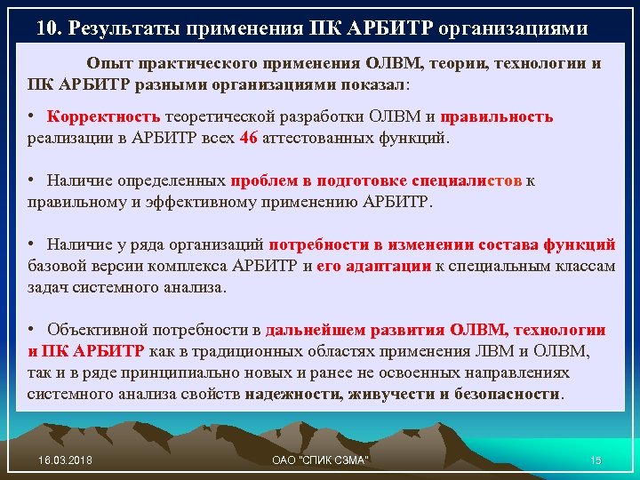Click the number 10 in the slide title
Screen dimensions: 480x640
tap(47, 28)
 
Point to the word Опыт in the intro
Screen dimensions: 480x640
tap(106, 64)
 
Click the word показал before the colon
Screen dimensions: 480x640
tap(371, 84)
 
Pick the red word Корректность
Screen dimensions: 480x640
tap(105, 117)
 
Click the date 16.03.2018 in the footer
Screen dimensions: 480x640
tap(65, 459)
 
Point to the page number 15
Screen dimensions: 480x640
tap(596, 459)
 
